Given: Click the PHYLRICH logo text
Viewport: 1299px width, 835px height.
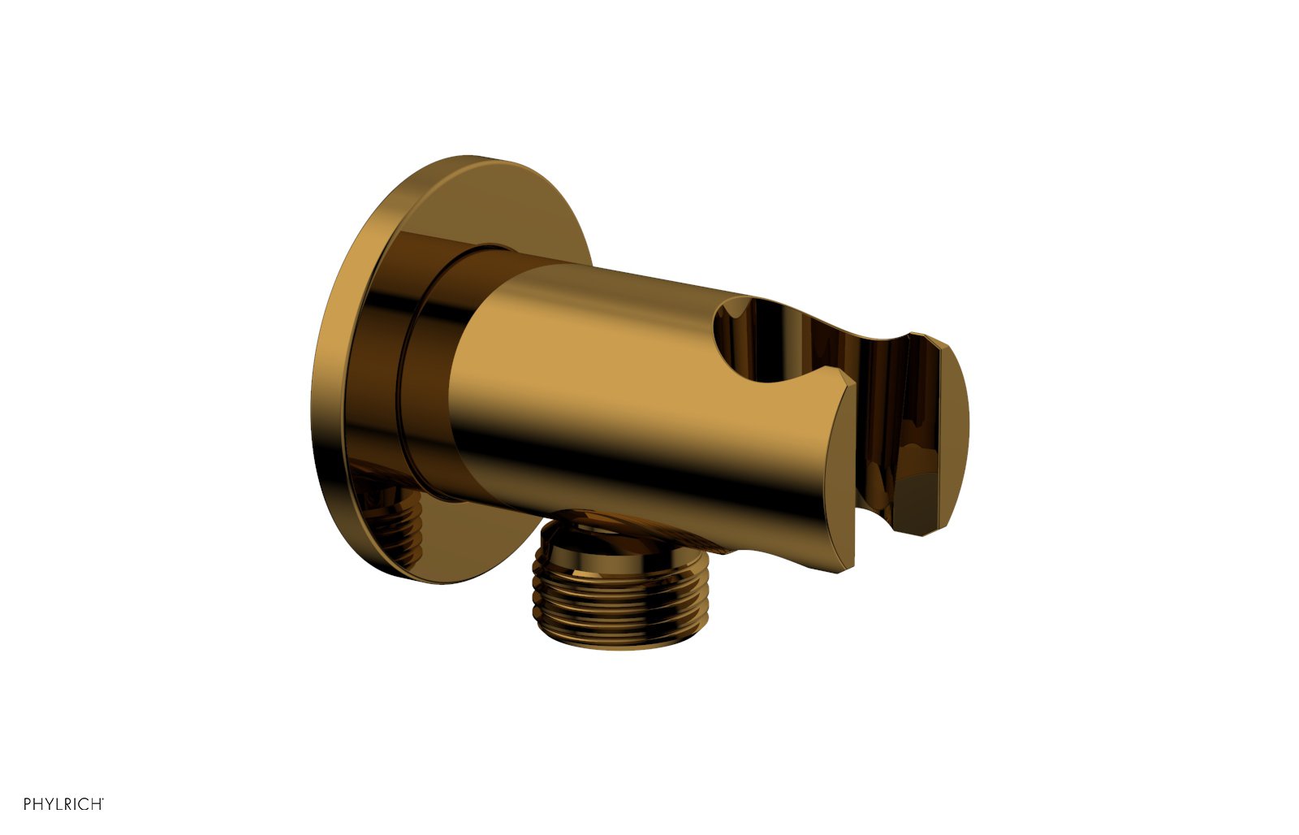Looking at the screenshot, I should pos(62,804).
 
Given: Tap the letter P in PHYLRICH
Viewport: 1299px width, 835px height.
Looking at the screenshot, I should pos(28,804).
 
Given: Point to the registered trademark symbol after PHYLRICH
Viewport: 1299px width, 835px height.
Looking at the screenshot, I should pos(102,800).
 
